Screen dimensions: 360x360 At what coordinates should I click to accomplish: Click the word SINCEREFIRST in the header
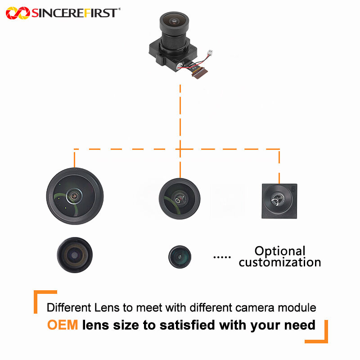75,13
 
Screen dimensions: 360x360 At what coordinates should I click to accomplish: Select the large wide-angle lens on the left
75,196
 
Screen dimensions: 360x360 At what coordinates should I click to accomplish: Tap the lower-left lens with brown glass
74,255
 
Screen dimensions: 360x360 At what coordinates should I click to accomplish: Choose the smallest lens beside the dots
180,256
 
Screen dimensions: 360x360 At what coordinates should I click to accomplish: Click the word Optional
280,251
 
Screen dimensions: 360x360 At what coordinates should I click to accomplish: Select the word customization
280,262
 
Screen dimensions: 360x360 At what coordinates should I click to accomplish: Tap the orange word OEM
63,325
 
